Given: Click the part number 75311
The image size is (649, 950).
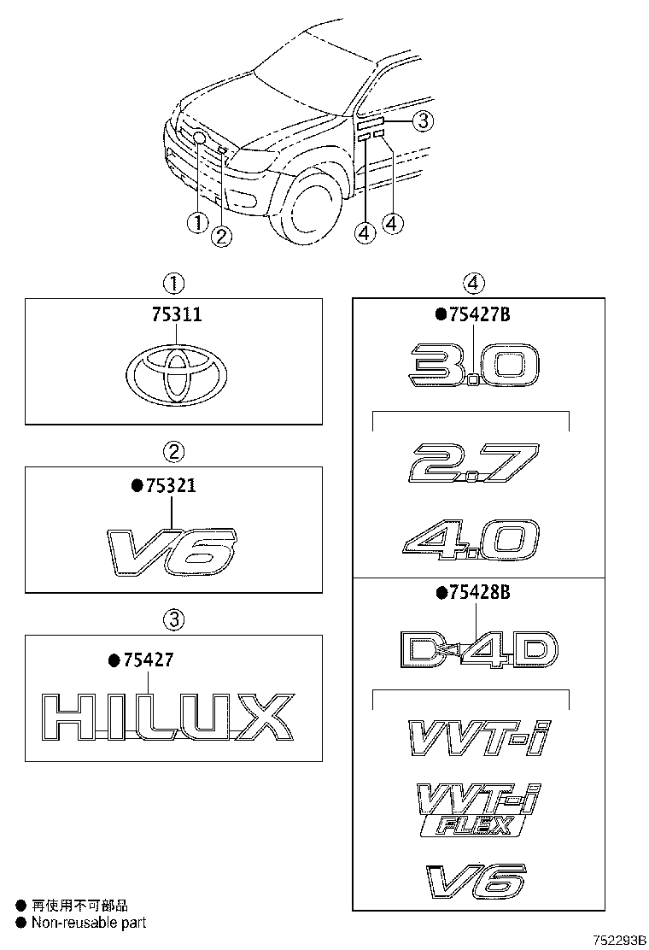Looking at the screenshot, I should point(177,314).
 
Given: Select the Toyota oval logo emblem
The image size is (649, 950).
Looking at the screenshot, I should point(177,374).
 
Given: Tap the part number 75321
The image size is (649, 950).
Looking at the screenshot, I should point(171,485).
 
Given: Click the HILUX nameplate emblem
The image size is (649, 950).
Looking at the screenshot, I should point(167,717).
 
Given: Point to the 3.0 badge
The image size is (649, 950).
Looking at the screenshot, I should point(474,366).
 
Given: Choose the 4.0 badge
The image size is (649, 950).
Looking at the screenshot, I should point(471,542).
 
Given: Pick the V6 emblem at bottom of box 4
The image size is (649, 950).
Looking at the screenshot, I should point(474,881).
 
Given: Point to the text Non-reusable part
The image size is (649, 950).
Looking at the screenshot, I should point(89,922).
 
